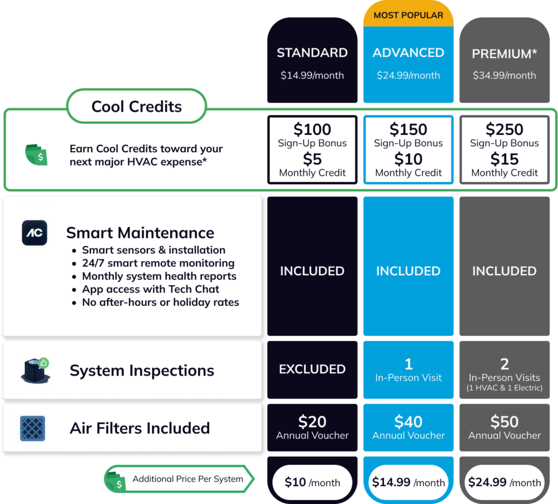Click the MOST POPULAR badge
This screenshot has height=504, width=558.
pos(408,15)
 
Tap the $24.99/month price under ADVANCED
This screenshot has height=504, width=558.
pos(408,75)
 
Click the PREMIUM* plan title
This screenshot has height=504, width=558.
pos(504,54)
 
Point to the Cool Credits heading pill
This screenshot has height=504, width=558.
pos(137,106)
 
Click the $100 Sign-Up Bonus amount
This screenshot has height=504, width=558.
pos(312,129)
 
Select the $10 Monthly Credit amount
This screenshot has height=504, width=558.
pos(408,159)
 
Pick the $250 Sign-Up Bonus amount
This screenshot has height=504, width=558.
pos(504,129)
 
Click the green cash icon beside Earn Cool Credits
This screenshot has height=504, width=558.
pos(36,155)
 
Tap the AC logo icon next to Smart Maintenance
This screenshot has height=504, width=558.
pos(35,233)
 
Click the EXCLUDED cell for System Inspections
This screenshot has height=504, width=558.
pos(312,369)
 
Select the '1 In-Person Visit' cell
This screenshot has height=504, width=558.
pos(408,369)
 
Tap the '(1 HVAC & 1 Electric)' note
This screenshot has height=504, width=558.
pos(504,387)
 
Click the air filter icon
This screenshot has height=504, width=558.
pos(32,428)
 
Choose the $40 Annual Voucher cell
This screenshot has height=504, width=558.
pos(408,428)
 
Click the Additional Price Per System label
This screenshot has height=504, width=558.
pos(188,479)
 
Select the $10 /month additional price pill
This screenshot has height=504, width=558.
pos(312,482)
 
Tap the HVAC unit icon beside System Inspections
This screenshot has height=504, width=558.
pos(35,371)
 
